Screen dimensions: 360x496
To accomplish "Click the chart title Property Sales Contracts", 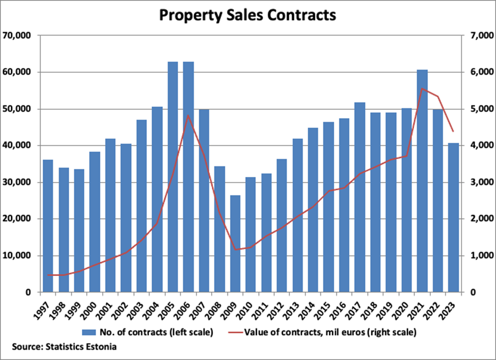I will pos(248,15).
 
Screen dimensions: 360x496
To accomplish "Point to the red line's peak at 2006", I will pos(188,115).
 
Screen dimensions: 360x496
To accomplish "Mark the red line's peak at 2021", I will pos(422,89).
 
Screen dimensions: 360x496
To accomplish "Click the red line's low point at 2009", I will pos(235,250).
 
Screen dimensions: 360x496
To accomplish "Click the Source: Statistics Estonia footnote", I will pos(63,347).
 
